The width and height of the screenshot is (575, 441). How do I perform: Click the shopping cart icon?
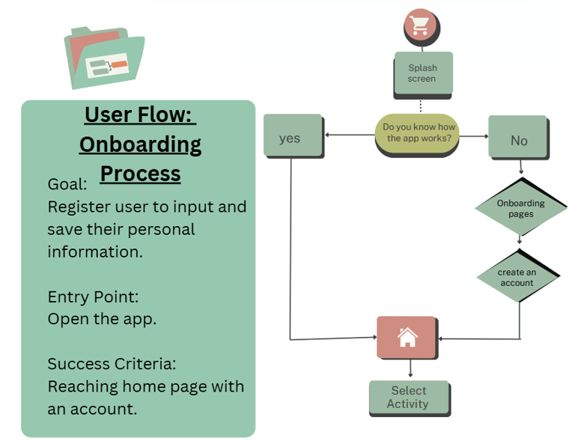click(420, 25)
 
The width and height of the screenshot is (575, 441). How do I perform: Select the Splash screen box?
click(423, 73)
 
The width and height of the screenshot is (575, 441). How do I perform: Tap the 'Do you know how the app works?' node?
click(417, 134)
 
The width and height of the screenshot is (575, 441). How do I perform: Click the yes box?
click(293, 136)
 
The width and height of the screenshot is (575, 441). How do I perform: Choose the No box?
click(519, 138)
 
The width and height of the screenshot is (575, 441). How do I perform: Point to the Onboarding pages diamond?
click(521, 207)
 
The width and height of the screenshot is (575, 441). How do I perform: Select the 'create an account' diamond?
click(518, 276)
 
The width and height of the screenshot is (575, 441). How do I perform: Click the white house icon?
click(407, 337)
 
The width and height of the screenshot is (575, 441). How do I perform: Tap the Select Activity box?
click(410, 398)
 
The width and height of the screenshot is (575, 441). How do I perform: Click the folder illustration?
click(105, 58)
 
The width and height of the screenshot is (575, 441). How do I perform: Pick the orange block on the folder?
click(120, 65)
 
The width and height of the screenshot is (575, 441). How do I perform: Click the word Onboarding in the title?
click(140, 145)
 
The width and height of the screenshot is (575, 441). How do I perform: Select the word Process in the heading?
click(141, 174)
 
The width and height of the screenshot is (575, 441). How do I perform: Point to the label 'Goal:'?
click(67, 184)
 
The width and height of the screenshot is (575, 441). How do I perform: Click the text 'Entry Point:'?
click(93, 297)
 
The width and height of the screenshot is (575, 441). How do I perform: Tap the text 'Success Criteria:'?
click(112, 364)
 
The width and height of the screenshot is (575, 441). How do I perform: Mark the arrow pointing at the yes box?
click(350, 135)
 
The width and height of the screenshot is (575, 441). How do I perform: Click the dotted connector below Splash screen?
click(421, 106)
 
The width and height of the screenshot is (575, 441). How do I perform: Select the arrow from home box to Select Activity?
click(410, 368)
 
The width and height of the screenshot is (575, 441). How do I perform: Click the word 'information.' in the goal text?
click(95, 252)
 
